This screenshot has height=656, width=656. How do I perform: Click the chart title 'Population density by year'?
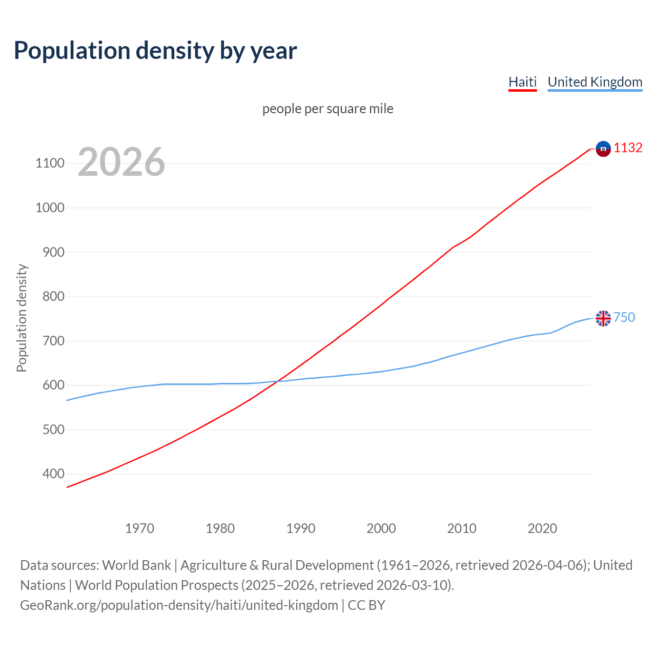[155, 51]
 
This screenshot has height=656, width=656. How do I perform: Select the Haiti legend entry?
[522, 82]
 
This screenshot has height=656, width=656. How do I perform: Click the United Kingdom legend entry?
[594, 82]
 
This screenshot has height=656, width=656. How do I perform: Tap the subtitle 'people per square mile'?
[327, 109]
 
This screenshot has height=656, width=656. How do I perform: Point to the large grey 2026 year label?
[121, 162]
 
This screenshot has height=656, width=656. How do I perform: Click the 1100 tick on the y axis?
[50, 163]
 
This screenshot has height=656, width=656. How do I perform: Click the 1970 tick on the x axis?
[139, 528]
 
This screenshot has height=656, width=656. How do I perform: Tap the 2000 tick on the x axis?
[381, 528]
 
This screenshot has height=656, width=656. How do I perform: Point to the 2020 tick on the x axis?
[542, 528]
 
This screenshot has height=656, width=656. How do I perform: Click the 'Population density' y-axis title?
[22, 318]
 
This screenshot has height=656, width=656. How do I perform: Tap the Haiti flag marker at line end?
[603, 149]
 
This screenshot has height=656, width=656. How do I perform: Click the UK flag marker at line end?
[603, 318]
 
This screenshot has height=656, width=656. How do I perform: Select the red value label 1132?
[628, 148]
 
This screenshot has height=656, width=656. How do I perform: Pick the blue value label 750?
[624, 317]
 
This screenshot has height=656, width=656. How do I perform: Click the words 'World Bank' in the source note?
[136, 565]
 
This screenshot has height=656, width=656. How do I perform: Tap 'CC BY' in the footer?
[366, 605]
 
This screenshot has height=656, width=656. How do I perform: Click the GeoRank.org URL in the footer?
[179, 605]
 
